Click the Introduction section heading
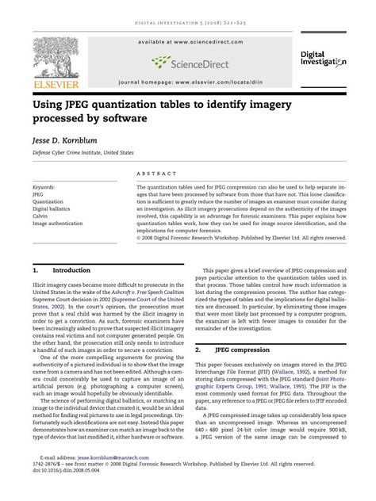point(71,270)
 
